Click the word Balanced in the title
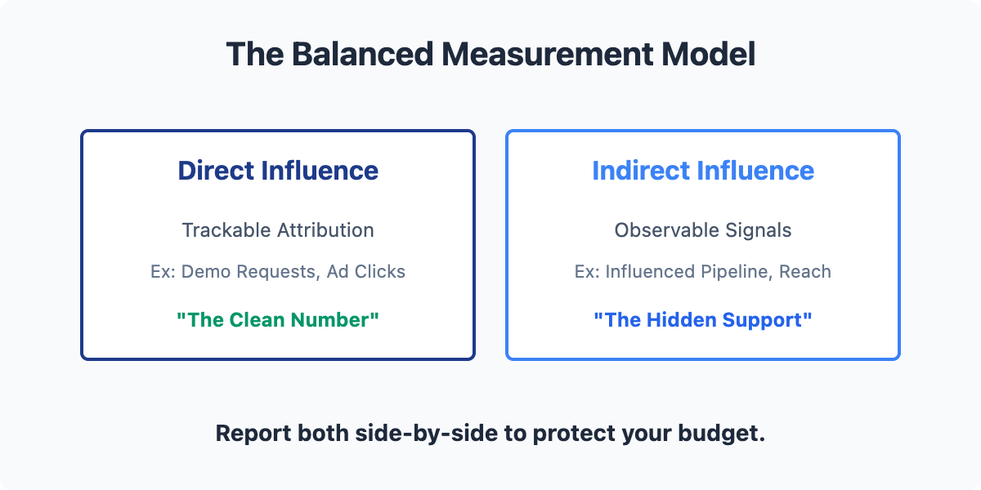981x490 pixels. [x=362, y=54]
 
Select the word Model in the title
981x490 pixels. [x=708, y=54]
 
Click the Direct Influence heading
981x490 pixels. [x=278, y=170]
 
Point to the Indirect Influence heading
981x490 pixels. [x=703, y=170]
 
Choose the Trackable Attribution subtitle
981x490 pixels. [x=278, y=230]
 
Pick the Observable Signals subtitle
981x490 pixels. [x=703, y=230]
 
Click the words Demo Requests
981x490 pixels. [x=249, y=272]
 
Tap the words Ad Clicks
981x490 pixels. [x=366, y=272]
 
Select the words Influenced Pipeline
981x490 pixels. [x=687, y=272]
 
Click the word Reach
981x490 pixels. [x=805, y=272]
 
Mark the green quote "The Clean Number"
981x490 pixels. [x=278, y=320]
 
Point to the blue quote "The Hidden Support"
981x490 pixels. [x=703, y=320]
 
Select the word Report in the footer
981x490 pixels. [x=253, y=433]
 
